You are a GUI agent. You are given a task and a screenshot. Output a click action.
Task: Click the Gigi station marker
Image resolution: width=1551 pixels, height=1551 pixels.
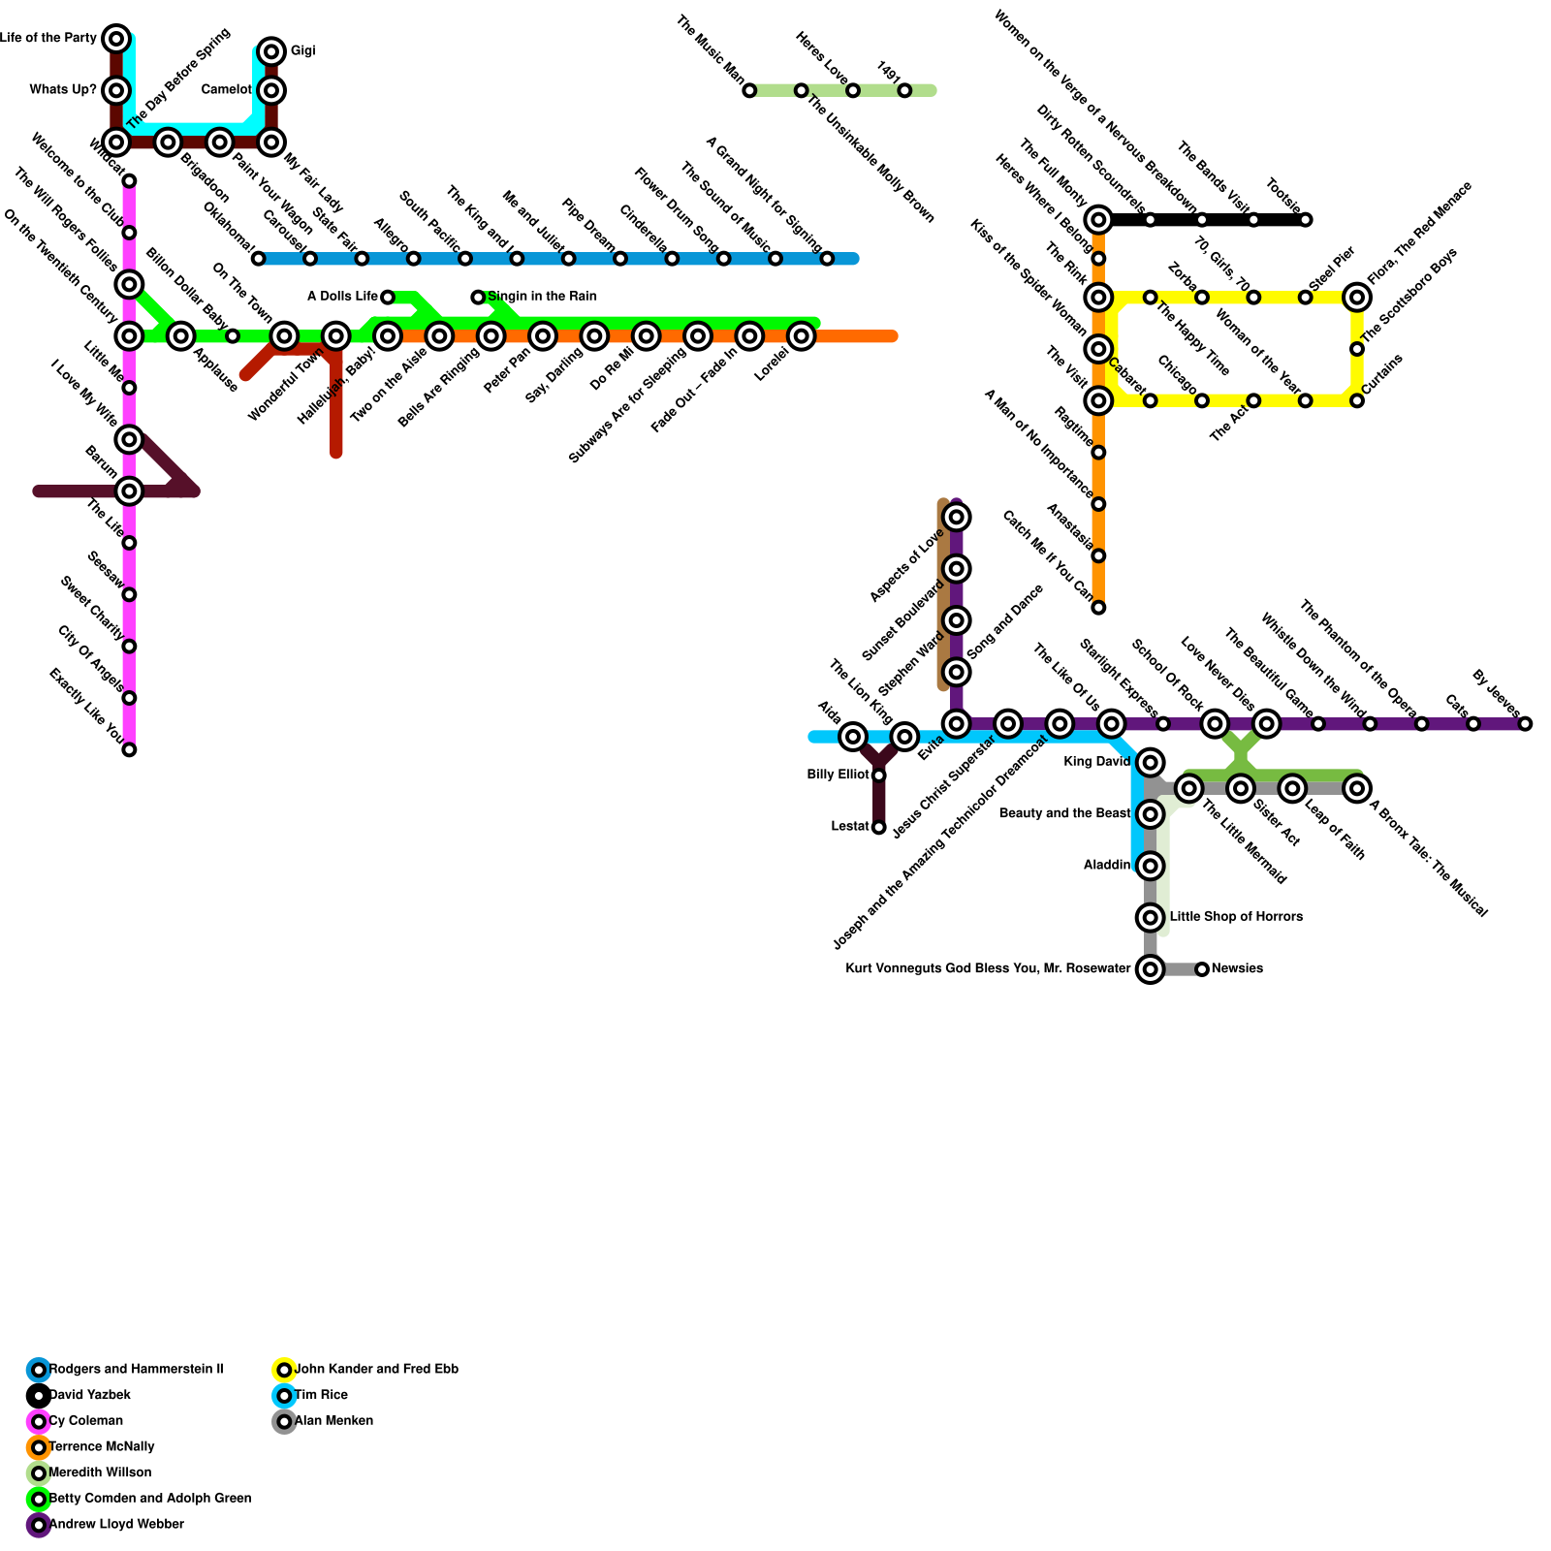(272, 51)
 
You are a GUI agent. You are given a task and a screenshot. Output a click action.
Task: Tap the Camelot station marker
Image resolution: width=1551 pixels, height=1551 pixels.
(272, 90)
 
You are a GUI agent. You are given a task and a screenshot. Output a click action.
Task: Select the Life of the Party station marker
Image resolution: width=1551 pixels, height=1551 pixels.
(116, 39)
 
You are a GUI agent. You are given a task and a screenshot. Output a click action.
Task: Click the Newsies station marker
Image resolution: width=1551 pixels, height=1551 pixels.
(1202, 969)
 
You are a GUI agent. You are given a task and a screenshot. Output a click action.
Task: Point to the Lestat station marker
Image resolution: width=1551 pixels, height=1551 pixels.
(879, 827)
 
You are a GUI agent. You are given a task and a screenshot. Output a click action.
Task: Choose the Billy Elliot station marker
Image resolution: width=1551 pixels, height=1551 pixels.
(879, 775)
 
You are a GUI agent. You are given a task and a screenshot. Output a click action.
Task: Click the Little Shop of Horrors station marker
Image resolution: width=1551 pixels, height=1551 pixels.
(1151, 917)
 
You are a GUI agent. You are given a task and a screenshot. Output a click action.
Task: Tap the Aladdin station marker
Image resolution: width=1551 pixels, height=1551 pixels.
(1151, 866)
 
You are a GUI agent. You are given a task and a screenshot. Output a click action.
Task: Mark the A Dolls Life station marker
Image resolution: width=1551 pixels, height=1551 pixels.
(388, 297)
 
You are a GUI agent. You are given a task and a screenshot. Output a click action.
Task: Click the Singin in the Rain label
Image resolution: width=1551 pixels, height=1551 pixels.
(543, 297)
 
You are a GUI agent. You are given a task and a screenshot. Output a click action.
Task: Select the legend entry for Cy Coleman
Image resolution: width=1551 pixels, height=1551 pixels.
(85, 1421)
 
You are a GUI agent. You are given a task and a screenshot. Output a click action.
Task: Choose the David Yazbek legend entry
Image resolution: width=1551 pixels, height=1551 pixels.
(89, 1395)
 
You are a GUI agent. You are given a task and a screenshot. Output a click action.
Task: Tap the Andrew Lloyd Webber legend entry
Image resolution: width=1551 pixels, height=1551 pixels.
(115, 1525)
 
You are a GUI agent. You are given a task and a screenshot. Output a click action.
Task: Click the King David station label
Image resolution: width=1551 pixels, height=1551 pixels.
(1096, 762)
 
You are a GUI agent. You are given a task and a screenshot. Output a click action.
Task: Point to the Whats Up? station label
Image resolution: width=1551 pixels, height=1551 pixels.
(63, 90)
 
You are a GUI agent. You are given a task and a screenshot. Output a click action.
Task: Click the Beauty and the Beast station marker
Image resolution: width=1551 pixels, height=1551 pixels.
(1151, 814)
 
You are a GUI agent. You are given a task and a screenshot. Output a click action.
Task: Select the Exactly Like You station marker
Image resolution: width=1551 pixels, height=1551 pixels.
(129, 749)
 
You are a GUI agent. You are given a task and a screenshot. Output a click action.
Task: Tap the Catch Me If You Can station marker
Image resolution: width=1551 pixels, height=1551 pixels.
(1098, 608)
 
